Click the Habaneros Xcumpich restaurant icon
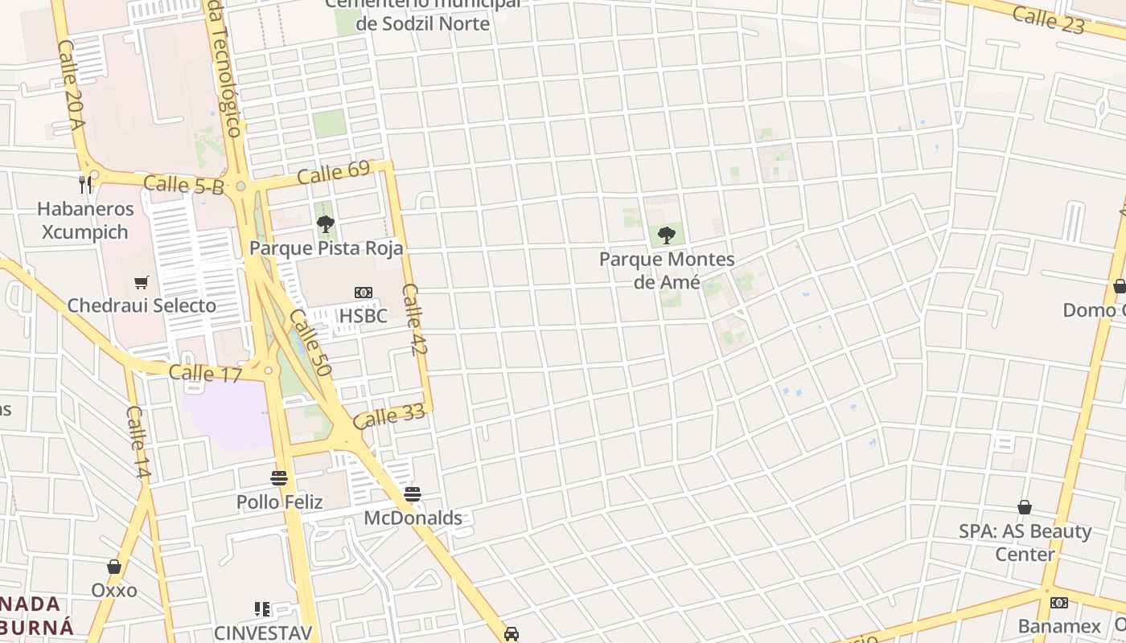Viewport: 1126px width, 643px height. pos(86,185)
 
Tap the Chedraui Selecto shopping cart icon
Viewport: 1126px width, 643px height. pos(142,282)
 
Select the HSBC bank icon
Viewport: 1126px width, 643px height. pos(364,293)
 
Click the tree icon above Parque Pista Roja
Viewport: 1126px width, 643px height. pos(325,223)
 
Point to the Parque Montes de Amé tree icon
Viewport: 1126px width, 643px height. pos(667,235)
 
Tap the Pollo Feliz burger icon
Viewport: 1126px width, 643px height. pos(279,478)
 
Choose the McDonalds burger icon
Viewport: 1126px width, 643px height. pos(413,494)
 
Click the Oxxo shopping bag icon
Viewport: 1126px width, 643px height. pos(114,567)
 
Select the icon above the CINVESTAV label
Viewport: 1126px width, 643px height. pos(262,609)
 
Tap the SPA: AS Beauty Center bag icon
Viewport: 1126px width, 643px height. pos(1025,507)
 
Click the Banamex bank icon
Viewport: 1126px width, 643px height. pos(1059,602)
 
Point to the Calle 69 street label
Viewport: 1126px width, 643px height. pos(333,172)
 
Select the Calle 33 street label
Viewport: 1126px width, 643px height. pos(388,417)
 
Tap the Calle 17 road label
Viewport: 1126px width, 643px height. pos(205,373)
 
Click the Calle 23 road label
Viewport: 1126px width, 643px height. pos(1048,20)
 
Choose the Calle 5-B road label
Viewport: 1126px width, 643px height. pos(183,185)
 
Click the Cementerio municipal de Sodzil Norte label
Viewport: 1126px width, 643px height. pos(422,14)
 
